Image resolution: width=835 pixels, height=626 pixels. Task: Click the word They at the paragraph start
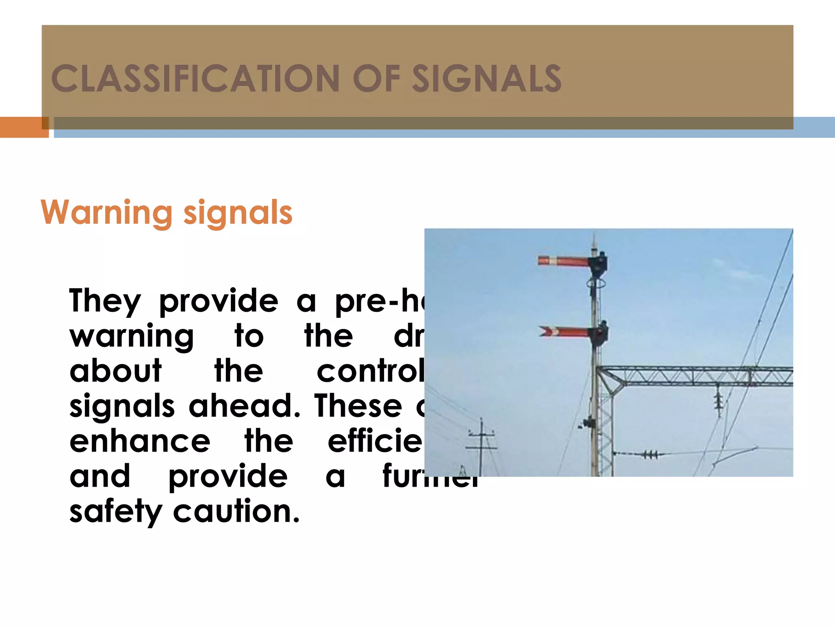[x=105, y=301]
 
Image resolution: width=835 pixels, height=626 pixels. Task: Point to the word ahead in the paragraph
[x=244, y=406]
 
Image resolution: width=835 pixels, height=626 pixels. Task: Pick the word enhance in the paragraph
[x=140, y=441]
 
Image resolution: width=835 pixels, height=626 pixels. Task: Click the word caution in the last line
[x=236, y=511]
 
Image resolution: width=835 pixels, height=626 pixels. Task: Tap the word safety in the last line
[x=116, y=511]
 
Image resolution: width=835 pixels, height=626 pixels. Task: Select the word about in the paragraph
[x=115, y=371]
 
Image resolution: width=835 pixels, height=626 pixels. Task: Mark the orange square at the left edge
[x=24, y=127]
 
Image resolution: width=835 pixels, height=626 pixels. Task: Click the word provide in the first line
[x=219, y=301]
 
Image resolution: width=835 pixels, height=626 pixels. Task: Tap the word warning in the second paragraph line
[x=131, y=336]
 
